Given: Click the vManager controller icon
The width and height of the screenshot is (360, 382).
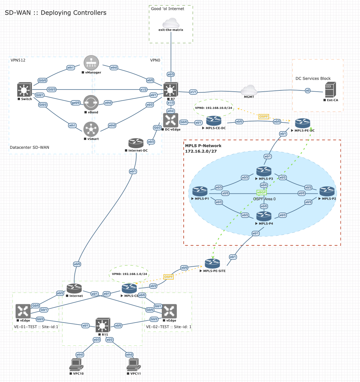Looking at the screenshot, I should [91, 63].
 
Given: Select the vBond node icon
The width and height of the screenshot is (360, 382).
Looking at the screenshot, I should [91, 103].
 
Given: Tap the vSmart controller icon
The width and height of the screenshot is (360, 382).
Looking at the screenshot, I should [91, 129].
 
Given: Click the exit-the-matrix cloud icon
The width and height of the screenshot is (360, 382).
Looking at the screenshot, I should [171, 23].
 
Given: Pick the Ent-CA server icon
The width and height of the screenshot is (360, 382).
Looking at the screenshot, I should [330, 90].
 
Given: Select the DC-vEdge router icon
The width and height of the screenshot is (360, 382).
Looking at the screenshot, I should [171, 120].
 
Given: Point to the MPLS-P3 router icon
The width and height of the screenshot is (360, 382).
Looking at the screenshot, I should [264, 172].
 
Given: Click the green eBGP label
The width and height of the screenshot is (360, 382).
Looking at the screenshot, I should [262, 192].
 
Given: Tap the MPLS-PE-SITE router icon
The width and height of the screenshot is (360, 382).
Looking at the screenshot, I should [212, 264].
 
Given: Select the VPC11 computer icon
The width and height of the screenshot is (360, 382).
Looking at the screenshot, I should [134, 364].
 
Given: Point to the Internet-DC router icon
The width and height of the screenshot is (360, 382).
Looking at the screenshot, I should [136, 143].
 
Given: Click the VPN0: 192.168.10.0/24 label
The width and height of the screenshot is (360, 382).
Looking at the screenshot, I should [214, 108].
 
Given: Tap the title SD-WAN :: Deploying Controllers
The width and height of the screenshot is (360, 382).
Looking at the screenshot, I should [56, 13].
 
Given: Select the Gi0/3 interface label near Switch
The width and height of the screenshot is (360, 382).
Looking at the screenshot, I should [52, 90].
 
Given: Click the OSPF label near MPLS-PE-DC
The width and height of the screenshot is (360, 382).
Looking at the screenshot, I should [264, 117].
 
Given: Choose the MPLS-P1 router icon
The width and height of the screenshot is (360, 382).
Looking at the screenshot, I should [200, 191].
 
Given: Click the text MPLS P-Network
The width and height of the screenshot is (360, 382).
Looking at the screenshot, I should [203, 146].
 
